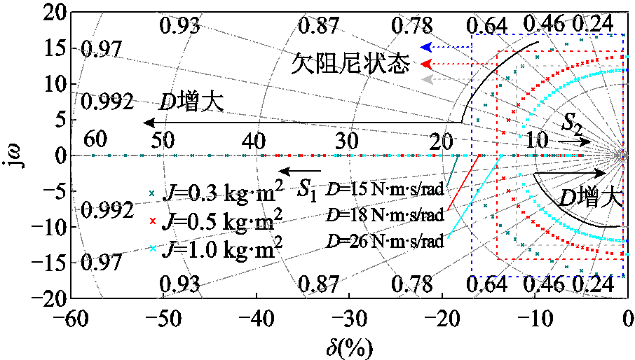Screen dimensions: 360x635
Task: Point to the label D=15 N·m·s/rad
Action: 385,192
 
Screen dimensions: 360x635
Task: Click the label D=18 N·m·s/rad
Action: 385,214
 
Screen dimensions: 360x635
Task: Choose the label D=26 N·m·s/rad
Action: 385,242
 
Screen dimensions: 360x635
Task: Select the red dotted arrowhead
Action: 425,64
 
